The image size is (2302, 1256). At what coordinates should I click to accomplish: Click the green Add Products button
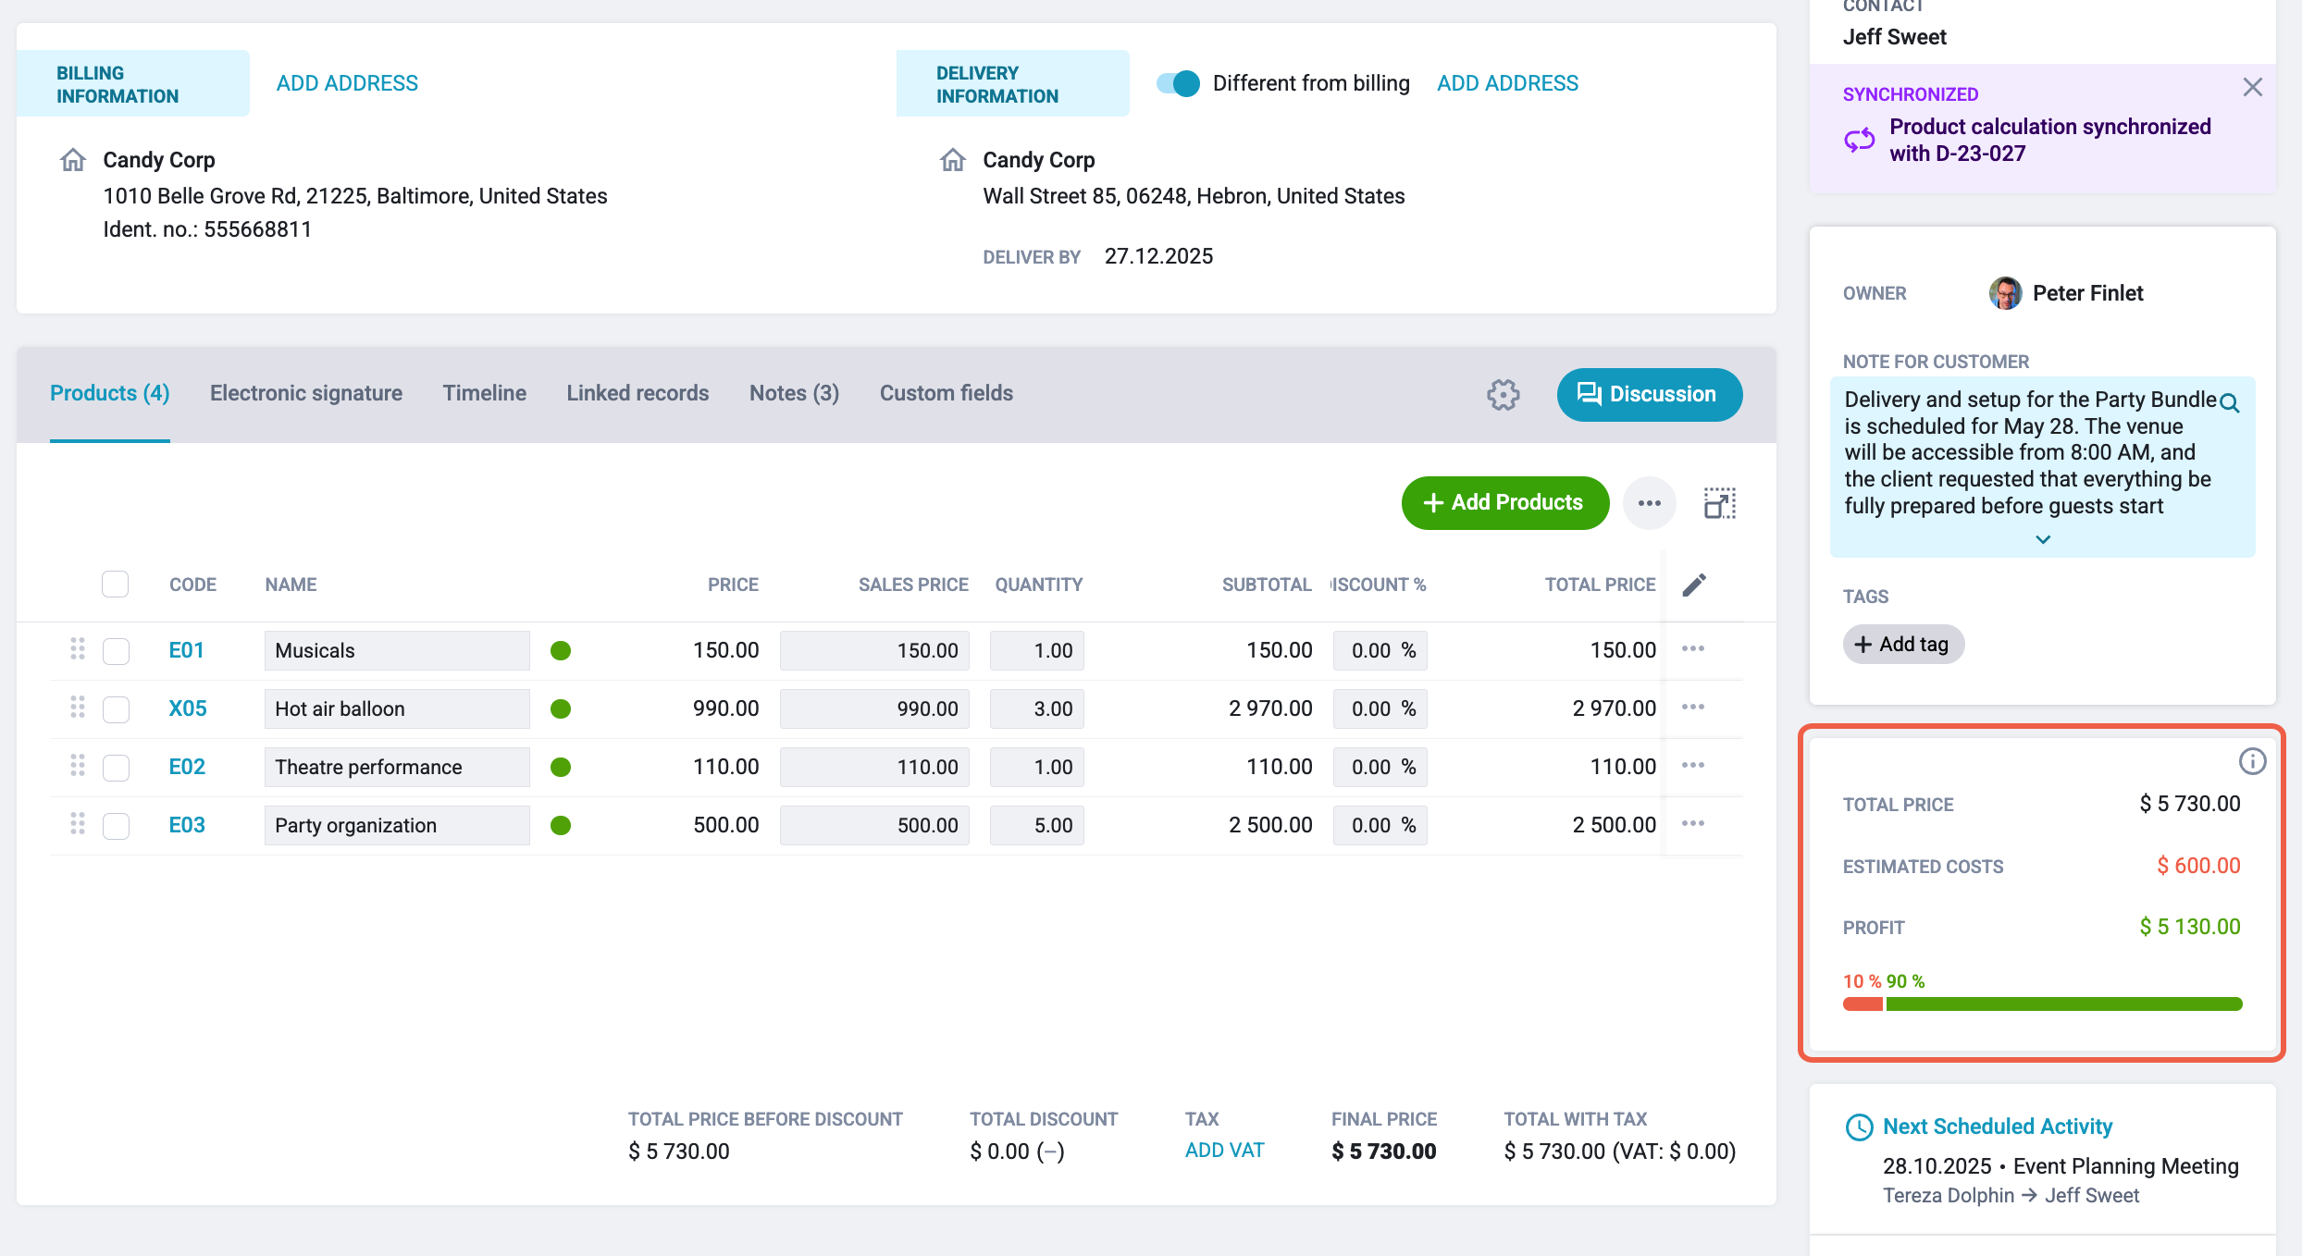(1505, 502)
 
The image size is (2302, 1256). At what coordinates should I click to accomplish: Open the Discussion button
(1650, 394)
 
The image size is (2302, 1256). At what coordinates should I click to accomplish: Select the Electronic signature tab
(306, 393)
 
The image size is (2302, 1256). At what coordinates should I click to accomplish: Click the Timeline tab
(485, 393)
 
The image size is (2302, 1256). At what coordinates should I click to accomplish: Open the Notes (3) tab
(794, 393)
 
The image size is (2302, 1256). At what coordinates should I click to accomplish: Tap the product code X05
(188, 708)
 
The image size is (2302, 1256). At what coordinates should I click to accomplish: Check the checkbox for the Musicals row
(116, 650)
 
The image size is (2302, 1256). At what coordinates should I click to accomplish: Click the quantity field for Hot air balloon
(1036, 708)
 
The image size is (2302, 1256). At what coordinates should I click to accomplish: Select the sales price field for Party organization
(874, 825)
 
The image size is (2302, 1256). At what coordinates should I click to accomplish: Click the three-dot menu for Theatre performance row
(1693, 765)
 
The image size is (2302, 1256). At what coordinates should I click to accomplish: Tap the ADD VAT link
(1224, 1150)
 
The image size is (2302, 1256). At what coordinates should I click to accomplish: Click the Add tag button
(1903, 644)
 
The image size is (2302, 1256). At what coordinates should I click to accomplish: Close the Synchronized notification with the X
(2252, 87)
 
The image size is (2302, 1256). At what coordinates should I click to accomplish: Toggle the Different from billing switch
(1178, 83)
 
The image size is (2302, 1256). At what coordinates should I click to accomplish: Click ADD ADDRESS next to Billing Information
(347, 83)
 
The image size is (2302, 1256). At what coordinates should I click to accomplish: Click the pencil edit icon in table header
(1694, 585)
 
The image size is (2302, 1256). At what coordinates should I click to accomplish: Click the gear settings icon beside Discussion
(1504, 395)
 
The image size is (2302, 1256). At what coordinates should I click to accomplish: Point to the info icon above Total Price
(2252, 761)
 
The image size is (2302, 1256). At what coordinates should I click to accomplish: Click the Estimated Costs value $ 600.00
(2198, 866)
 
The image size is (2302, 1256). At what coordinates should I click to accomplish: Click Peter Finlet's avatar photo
(2005, 293)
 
